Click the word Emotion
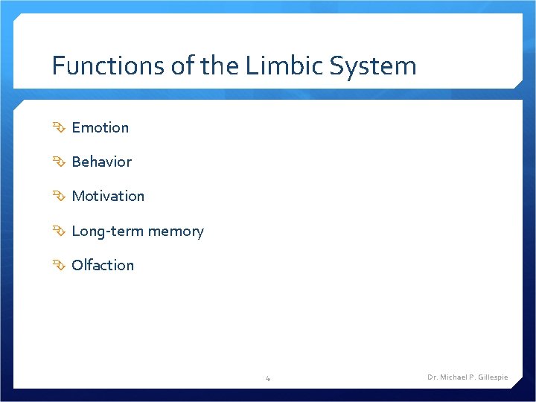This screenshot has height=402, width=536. point(100,127)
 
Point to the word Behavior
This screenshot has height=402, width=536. point(102,162)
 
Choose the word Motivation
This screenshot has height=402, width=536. point(108,196)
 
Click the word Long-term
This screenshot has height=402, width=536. point(107,231)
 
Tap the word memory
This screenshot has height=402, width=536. point(176,231)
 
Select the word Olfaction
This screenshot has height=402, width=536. point(103,265)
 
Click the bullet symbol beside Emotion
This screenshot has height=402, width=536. point(59,127)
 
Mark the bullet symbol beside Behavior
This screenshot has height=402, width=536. point(59,162)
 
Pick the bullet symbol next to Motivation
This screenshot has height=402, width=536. point(59,196)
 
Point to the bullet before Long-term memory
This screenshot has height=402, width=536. point(59,231)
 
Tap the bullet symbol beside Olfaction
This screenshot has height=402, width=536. point(59,265)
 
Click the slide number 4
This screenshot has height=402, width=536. point(268,378)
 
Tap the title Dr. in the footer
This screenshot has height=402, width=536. point(432,377)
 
